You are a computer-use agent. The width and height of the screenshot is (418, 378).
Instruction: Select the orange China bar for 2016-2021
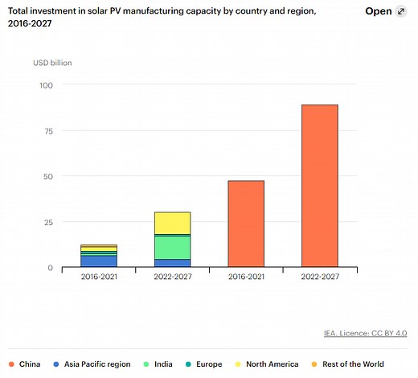[x=245, y=224]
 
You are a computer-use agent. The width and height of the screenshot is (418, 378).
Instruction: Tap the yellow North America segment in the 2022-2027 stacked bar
[x=172, y=223]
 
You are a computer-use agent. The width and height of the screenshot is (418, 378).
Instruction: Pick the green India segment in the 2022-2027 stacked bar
[x=172, y=247]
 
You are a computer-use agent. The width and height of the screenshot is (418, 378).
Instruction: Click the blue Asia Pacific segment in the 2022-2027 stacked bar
[x=172, y=263]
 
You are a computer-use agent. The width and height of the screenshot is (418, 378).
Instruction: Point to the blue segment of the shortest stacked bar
[x=99, y=261]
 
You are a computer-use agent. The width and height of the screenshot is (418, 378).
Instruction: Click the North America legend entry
[x=296, y=364]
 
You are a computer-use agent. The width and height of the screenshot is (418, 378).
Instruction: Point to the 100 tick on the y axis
[x=46, y=85]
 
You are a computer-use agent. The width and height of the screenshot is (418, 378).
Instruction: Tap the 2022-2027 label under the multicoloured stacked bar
[x=172, y=276]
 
